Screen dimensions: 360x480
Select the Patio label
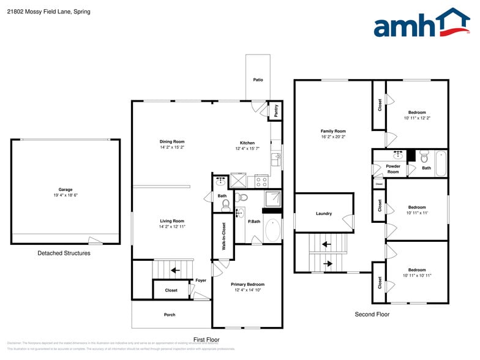pyautogui.click(x=258, y=80)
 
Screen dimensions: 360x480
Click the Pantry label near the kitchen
pyautogui.click(x=276, y=110)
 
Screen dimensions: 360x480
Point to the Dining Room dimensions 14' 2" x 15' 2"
pyautogui.click(x=172, y=148)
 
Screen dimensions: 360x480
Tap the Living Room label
pyautogui.click(x=172, y=221)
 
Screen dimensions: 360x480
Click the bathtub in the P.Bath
pyautogui.click(x=273, y=230)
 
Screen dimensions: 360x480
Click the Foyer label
pyautogui.click(x=201, y=280)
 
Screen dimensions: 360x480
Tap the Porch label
pyautogui.click(x=170, y=315)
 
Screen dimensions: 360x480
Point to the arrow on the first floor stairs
pyautogui.click(x=176, y=269)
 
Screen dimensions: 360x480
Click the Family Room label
pyautogui.click(x=333, y=131)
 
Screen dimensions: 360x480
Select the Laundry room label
pyautogui.click(x=324, y=214)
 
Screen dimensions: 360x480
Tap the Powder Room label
pyautogui.click(x=393, y=169)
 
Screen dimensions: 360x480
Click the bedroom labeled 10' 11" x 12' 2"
pyautogui.click(x=417, y=115)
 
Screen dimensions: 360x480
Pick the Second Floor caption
pyautogui.click(x=372, y=314)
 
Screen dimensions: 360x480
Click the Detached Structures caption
pyautogui.click(x=64, y=253)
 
